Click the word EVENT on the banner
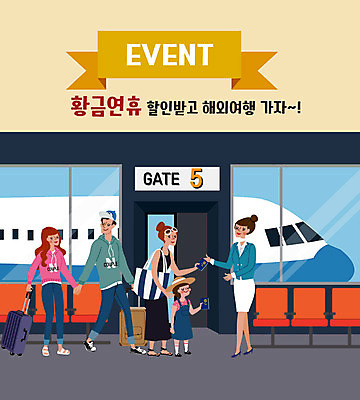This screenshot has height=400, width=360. point(169,53)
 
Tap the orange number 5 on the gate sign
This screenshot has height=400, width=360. point(196,179)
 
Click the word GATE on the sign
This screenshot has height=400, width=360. point(162,180)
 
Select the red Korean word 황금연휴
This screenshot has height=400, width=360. point(106,104)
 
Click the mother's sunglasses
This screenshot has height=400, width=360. point(166,235)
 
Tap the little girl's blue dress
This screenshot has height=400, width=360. point(184,319)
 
